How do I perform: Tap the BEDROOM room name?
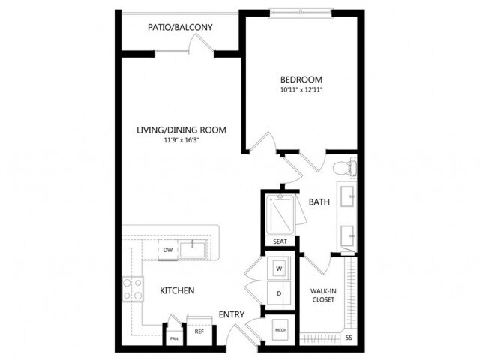301,79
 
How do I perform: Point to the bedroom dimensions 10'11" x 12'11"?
301,90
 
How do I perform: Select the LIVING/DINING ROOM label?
181,130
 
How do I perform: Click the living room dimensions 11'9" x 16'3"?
181,141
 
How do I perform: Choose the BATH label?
320,202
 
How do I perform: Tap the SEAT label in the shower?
280,241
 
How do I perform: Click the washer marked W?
279,268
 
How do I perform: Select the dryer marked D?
279,293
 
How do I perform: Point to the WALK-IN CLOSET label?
322,295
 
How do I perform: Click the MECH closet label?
281,329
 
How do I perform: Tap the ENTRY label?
231,314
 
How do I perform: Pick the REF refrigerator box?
199,331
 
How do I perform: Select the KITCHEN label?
177,290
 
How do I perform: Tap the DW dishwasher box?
167,248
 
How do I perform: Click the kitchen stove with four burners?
133,289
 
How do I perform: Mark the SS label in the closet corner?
349,338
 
